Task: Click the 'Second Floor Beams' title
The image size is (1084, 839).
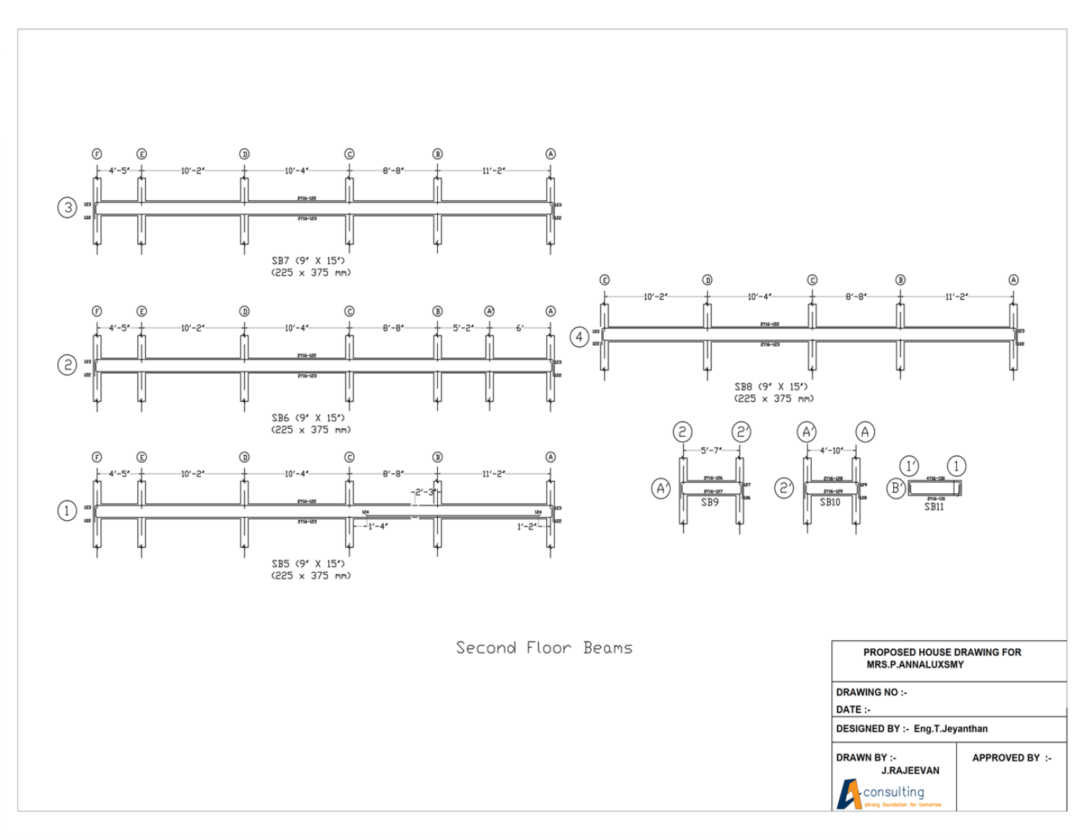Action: [x=543, y=647]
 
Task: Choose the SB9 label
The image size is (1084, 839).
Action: [x=710, y=502]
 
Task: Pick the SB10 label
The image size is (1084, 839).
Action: [x=830, y=502]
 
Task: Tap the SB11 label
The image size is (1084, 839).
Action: [x=934, y=507]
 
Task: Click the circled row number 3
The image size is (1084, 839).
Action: [x=67, y=208]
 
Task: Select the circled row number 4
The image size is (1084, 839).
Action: [x=579, y=336]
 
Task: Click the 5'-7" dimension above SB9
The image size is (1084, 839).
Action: [x=710, y=451]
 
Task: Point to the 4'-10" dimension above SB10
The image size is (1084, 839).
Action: [x=831, y=451]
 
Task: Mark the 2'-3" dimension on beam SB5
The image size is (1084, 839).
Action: [x=425, y=493]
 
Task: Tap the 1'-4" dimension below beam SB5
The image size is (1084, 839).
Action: [x=377, y=527]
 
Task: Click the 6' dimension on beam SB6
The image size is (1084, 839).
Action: [x=520, y=328]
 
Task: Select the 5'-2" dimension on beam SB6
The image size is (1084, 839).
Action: [x=463, y=328]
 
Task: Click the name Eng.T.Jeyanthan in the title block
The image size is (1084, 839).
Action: [x=950, y=729]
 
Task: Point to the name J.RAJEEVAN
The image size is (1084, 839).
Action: [x=910, y=771]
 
